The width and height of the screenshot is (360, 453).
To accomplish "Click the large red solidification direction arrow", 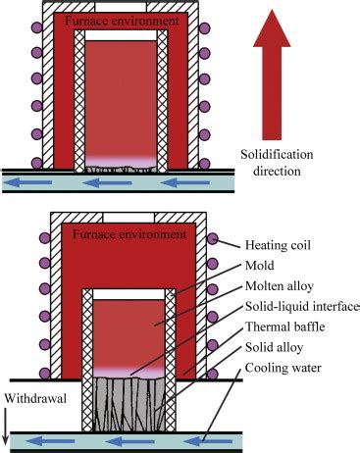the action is coord(272,75).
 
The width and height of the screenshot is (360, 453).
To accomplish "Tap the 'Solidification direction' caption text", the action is coord(277,163).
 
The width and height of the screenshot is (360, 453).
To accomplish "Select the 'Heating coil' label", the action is coord(278,245).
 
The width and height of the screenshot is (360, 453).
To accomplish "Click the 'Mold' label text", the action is coord(260,265).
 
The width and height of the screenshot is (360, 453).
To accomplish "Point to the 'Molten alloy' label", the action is coord(280,286).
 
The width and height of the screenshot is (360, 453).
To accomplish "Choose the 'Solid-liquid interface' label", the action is coord(302,307).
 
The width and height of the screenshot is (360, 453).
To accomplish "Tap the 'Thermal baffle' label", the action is coord(284,327).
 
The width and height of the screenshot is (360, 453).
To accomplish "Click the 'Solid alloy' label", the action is coord(274,347).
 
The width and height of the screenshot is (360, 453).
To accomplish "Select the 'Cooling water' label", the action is coord(283,368).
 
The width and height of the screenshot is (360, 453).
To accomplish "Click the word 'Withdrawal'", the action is coord(35,398).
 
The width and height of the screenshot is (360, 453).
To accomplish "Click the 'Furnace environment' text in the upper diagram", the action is coord(122,21).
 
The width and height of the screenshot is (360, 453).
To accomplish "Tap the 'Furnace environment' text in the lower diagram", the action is coord(129,234).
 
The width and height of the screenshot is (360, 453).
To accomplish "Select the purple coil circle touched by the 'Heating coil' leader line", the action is coord(213,238).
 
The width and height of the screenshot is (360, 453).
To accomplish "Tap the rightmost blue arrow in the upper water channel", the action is coord(185,182).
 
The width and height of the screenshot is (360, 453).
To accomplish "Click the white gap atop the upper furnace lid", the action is coord(121,7).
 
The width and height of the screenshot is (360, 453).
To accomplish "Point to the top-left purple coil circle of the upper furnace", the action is coord(36,26).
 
